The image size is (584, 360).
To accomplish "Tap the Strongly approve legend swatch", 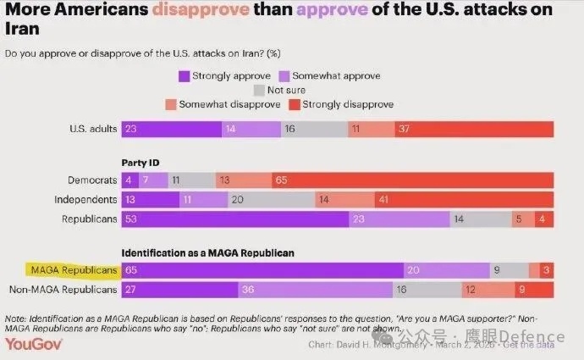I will [184, 75].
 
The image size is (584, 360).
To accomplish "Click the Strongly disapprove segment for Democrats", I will [412, 180].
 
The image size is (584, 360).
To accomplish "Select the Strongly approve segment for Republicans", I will [240, 219].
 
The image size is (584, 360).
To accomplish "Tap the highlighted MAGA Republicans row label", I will [74, 270].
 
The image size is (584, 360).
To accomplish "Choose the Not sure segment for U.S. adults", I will [314, 129].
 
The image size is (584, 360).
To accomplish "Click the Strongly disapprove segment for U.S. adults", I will [474, 129].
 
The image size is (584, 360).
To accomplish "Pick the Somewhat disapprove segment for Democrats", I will [243, 180].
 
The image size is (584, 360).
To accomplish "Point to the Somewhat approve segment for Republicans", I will [399, 219].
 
